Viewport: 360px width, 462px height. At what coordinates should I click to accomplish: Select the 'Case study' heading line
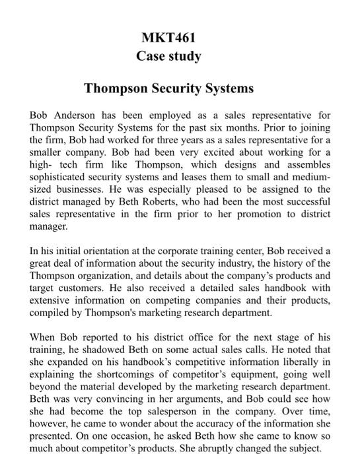[x=168, y=56]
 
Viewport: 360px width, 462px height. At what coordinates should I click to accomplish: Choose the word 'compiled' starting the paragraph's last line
[x=50, y=313]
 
